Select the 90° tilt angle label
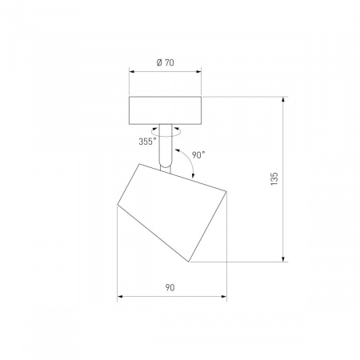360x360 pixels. click(x=199, y=154)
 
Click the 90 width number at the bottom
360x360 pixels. click(x=171, y=287)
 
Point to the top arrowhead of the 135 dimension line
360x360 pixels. click(x=283, y=100)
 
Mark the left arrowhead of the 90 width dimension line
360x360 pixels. click(x=120, y=297)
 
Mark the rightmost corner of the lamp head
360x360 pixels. click(x=228, y=193)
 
